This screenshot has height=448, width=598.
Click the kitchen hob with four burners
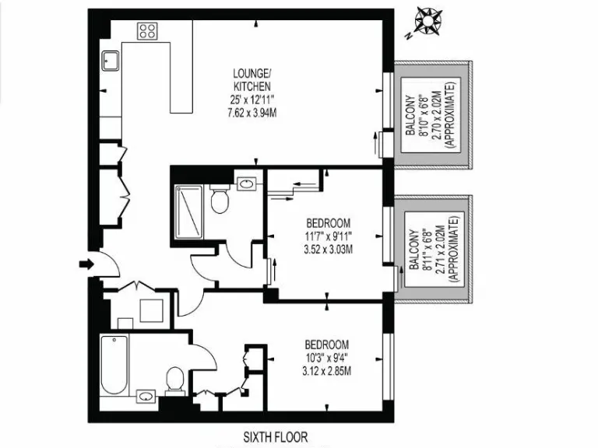coord(148,31)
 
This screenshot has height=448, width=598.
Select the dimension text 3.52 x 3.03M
coord(327,250)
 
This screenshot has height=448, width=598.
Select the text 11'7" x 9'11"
coord(327,236)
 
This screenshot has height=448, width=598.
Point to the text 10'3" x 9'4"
coord(326,357)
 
